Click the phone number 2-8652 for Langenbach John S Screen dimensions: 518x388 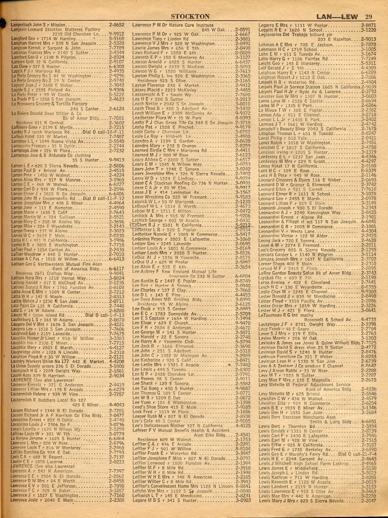(116, 25)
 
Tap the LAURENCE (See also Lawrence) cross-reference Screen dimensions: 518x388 (42, 380)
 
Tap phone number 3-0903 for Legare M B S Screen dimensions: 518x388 (243, 500)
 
